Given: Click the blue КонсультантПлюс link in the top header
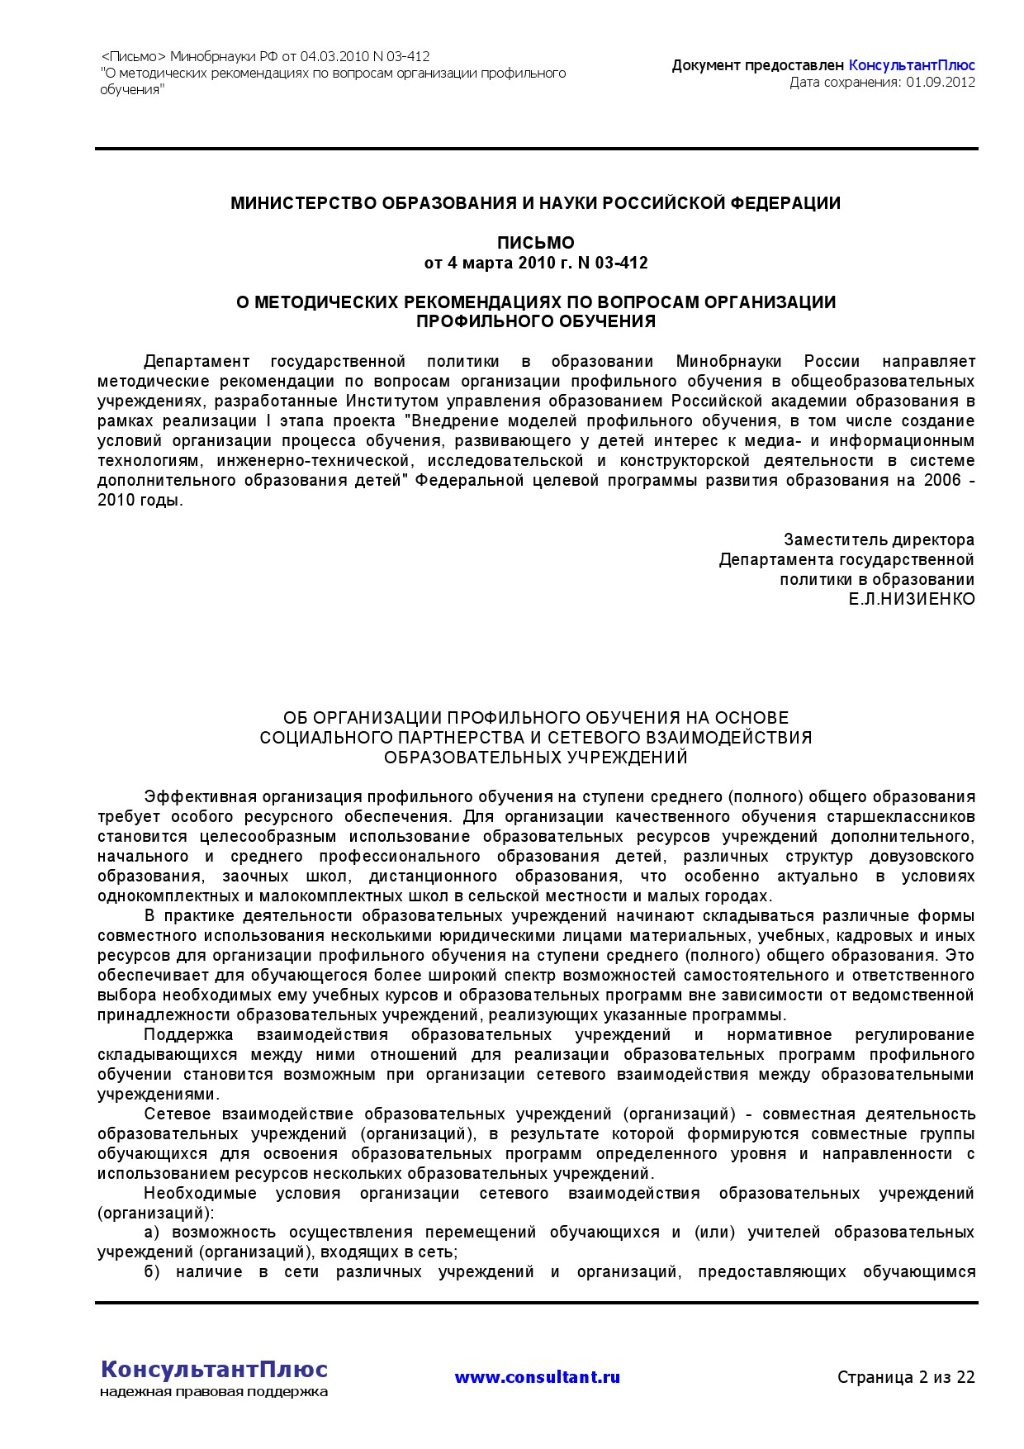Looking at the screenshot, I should tap(912, 65).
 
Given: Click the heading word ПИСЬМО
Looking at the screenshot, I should tap(535, 243).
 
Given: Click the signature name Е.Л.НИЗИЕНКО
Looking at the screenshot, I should tap(912, 599).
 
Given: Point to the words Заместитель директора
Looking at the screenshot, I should tap(879, 540).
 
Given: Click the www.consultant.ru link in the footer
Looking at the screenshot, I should tap(537, 1377).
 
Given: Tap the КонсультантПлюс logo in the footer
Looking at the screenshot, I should tap(214, 1369).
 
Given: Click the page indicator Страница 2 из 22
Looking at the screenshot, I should tap(906, 1377).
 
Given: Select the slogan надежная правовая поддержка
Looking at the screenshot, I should tap(214, 1392).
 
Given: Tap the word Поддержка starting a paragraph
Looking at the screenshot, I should tap(188, 1035).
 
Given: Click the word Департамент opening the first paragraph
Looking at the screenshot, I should tap(197, 362).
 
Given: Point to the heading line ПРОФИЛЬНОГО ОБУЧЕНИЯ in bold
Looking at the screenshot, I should tap(535, 322).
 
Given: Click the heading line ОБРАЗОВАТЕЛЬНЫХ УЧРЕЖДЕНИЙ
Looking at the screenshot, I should tap(535, 758).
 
